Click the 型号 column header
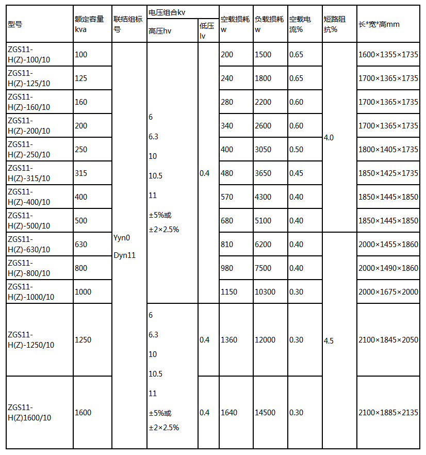[x=15, y=24]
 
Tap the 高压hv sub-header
[x=159, y=32]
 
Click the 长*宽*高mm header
[x=379, y=24]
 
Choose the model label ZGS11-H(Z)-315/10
[x=28, y=173]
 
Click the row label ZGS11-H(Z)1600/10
[x=29, y=412]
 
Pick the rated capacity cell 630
[x=81, y=245]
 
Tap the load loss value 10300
[x=266, y=292]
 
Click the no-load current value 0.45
[x=296, y=173]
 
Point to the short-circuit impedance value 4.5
[x=329, y=341]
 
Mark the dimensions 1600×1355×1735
[x=388, y=55]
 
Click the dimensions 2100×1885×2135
[x=388, y=413]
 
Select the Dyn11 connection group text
[x=124, y=255]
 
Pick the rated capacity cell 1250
[x=83, y=340]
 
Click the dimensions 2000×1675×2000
[x=388, y=292]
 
